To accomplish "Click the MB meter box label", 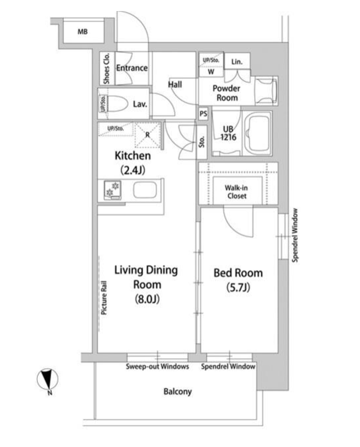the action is (x=82, y=32).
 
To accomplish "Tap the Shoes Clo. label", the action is (x=106, y=69).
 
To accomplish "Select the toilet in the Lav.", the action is (x=118, y=103).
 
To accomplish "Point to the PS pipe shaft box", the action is (x=203, y=114).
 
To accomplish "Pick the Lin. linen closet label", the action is (x=237, y=62).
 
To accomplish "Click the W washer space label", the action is (x=211, y=72).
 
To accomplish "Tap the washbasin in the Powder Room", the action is (x=266, y=91).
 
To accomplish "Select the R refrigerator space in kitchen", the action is (x=147, y=135).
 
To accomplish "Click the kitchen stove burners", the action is (x=113, y=190).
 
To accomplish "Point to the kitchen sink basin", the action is (x=145, y=190).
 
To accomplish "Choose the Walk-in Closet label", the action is (x=237, y=192).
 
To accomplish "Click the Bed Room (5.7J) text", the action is (x=238, y=280).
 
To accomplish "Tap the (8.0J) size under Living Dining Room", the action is (x=147, y=299).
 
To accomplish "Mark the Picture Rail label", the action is (x=104, y=298).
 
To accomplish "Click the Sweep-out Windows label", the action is (x=158, y=367).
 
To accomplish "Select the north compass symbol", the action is (x=47, y=380).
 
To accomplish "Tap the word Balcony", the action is (x=177, y=391).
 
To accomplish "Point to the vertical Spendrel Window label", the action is (x=295, y=235).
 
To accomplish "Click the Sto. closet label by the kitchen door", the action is (x=202, y=142).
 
